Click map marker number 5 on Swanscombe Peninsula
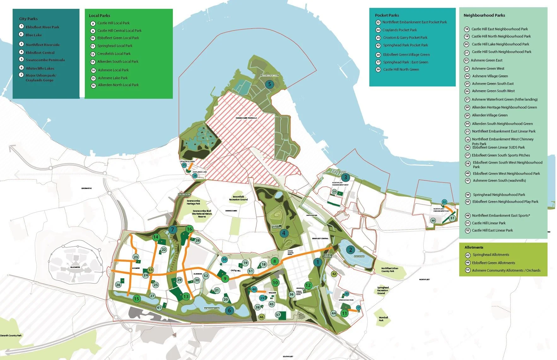coord(269,84)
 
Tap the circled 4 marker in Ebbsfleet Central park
coord(284,233)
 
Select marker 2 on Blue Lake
coord(350,250)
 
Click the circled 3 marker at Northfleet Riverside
coord(345,177)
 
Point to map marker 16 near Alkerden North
coord(189,229)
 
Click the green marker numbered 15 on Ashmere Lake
coord(136,298)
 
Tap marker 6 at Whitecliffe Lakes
coord(229,310)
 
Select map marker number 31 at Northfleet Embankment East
coord(452,218)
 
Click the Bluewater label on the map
coord(75,267)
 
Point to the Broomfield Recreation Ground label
coord(238,198)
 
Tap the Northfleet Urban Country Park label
coord(390,270)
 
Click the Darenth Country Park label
coord(11,335)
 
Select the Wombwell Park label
coord(383,319)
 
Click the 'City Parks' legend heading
coord(28,19)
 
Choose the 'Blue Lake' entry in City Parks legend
coord(34,35)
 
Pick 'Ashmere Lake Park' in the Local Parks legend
coord(113,78)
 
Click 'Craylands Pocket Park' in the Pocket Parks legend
coord(399,30)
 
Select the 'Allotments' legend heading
coord(474,247)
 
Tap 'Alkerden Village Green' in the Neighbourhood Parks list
coord(490,115)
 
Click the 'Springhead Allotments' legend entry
coord(491,255)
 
